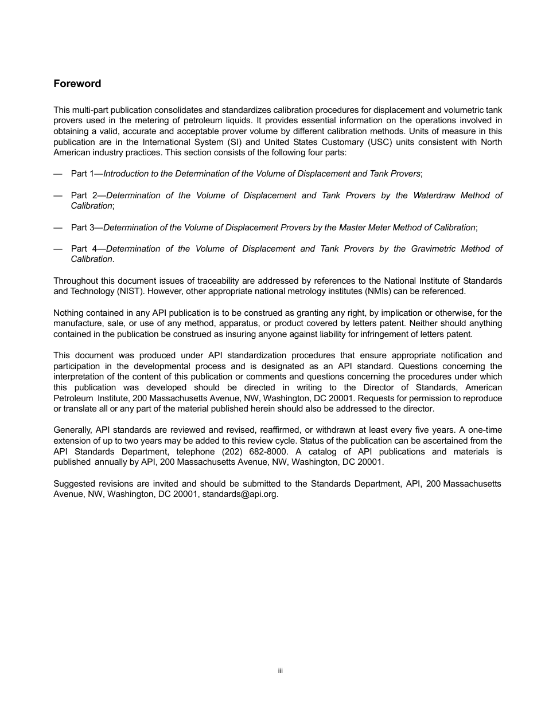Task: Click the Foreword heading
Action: point(77,84)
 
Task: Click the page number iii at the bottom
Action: point(281,671)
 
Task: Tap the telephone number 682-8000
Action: point(270,452)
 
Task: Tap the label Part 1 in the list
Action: point(82,174)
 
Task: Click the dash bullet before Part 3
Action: point(57,228)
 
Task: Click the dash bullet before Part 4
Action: point(57,249)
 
